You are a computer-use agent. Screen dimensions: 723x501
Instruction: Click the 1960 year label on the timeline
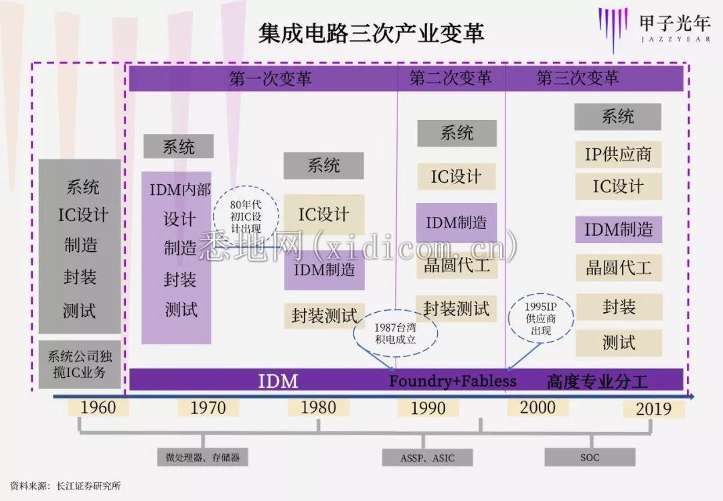click(x=98, y=408)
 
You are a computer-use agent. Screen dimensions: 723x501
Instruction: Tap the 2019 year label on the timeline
click(x=653, y=409)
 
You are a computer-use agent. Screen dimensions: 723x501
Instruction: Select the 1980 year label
click(x=318, y=408)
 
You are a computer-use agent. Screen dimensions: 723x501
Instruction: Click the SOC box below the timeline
click(x=590, y=457)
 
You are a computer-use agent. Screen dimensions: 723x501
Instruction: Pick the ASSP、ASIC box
click(x=427, y=457)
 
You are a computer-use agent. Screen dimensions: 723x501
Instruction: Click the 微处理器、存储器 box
click(x=202, y=457)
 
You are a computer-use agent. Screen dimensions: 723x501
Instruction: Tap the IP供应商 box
click(x=619, y=154)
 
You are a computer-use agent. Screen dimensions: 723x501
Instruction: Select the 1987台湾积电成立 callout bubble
click(x=395, y=334)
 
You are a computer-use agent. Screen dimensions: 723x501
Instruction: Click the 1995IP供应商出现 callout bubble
click(x=541, y=318)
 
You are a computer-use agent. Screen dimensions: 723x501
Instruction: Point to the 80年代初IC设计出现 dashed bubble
click(x=246, y=216)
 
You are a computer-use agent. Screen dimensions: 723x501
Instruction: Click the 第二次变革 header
click(x=451, y=78)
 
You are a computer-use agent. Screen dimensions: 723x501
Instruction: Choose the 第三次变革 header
click(x=577, y=78)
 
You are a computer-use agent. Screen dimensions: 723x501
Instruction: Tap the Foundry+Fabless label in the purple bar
click(x=453, y=381)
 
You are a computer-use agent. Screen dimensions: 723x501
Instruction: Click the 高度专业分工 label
click(x=597, y=382)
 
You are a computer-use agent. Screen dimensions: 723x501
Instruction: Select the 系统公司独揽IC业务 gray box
click(x=80, y=364)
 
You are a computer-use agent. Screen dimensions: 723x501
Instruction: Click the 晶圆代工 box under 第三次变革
click(x=619, y=267)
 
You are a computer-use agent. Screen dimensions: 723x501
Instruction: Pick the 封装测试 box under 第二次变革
click(x=457, y=308)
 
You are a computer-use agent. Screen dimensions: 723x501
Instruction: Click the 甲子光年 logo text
click(x=675, y=23)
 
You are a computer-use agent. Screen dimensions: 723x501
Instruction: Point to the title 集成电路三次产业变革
click(x=371, y=33)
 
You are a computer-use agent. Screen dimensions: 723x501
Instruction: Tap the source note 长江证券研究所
click(x=88, y=486)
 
